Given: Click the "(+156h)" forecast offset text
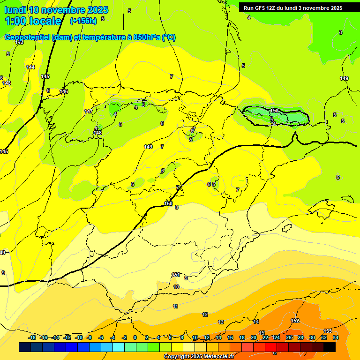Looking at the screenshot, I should click(x=83, y=21).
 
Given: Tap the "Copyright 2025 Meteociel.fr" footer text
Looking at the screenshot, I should click(x=199, y=357).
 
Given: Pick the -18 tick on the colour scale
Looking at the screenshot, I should click(x=32, y=337).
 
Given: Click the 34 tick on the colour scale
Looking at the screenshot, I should click(x=336, y=337).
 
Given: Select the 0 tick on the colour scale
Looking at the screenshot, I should click(x=135, y=337).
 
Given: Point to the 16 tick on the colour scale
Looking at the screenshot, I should click(x=230, y=337).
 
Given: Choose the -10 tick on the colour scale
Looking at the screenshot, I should click(x=78, y=337).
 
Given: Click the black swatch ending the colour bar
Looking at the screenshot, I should click(x=330, y=347).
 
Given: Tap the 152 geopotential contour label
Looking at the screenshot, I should click(x=295, y=321).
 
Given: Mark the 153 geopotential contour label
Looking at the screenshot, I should click(x=328, y=331).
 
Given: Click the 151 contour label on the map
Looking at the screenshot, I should click(x=176, y=275).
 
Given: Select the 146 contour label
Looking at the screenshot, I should click(x=64, y=91).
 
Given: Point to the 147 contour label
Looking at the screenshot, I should click(x=89, y=111).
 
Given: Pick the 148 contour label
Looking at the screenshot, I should click(x=97, y=133).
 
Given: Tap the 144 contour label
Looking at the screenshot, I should click(x=30, y=67).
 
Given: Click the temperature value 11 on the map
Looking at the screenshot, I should click(x=176, y=306).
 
